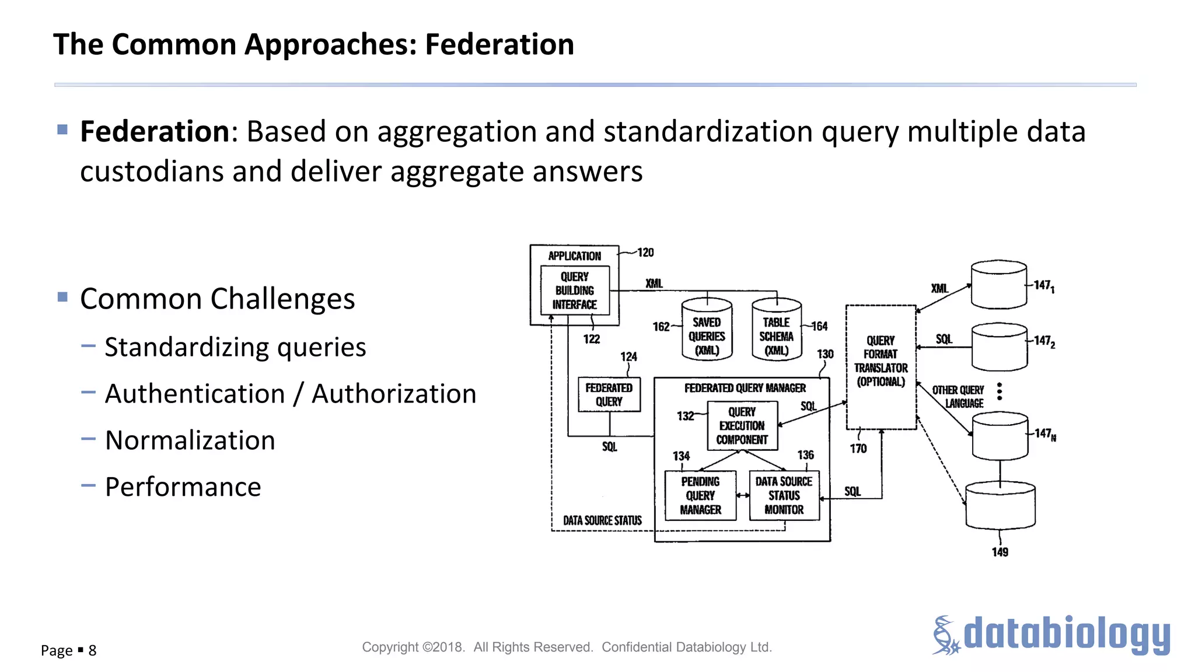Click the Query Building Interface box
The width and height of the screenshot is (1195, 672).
(575, 290)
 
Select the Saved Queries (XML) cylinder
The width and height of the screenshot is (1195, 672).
(707, 331)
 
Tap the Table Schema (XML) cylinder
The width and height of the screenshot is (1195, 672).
(776, 331)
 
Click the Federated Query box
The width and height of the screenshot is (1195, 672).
(609, 395)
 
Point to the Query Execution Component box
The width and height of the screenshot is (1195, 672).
(742, 426)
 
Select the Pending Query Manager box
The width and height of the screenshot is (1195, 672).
(700, 496)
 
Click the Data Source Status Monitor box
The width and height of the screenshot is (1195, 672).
(784, 496)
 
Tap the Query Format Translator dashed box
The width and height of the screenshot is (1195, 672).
(880, 367)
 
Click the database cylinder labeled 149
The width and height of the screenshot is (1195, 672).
(1000, 505)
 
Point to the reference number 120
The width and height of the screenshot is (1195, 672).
(645, 253)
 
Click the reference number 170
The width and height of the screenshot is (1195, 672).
(858, 449)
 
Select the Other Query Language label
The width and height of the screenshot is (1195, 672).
(959, 397)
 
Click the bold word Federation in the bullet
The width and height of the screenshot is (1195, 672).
(155, 131)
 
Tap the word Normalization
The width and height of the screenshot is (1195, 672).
(190, 440)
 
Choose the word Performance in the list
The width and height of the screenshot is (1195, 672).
(183, 487)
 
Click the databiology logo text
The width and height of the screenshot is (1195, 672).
(1066, 635)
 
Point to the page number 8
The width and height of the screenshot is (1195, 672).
(92, 650)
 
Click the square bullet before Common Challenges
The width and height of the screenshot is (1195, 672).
(63, 297)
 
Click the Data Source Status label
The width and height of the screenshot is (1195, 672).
(602, 520)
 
